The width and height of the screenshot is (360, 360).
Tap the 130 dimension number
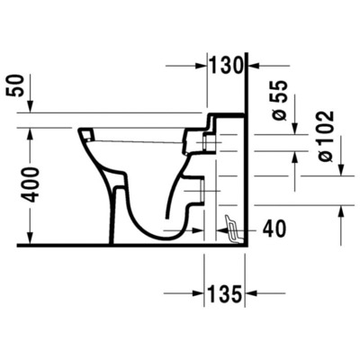coord(227,65)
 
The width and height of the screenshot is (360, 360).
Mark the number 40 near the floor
coord(274,229)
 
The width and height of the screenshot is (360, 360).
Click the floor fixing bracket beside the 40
coord(233,230)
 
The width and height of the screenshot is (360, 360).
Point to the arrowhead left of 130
coord(202,65)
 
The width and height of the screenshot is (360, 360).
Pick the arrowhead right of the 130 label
coord(253,65)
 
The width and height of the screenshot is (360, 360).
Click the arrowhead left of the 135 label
coord(199,292)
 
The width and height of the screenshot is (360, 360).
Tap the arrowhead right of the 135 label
coord(253,292)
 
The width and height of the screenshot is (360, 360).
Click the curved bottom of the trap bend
coord(162,236)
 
